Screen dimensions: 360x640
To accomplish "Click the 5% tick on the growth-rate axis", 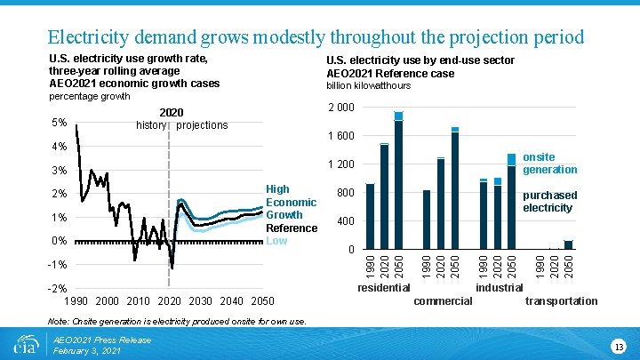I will (x=59, y=123).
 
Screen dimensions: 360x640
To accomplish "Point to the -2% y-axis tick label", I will (x=58, y=288).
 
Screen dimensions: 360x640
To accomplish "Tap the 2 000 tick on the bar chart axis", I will (x=341, y=108).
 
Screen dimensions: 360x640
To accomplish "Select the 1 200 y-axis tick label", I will (x=341, y=164).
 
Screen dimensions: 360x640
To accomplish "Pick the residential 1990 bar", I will (x=370, y=216).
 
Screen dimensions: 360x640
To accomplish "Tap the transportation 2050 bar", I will (x=568, y=244).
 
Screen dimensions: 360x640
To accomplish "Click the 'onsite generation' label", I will (x=549, y=164).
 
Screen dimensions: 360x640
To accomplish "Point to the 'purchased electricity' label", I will (x=549, y=201).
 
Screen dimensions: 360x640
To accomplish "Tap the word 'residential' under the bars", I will (x=383, y=287).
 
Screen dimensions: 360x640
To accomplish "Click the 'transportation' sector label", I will (x=562, y=301).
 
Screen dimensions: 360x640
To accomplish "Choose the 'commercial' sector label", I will (x=444, y=301).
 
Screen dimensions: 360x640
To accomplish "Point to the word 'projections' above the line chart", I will (x=202, y=125).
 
